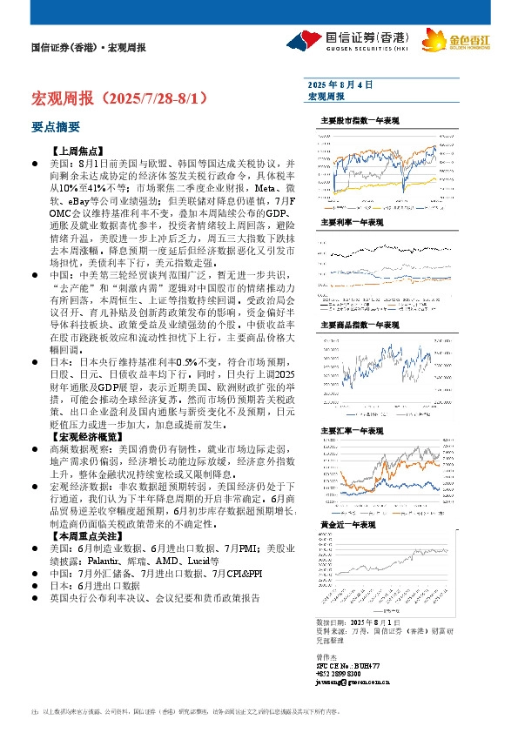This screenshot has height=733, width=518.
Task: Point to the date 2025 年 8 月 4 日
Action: (x=340, y=85)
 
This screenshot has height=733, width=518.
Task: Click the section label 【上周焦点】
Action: (x=78, y=151)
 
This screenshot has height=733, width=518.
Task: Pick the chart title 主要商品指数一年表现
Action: (x=359, y=324)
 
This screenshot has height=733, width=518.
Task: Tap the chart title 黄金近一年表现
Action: (x=348, y=526)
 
